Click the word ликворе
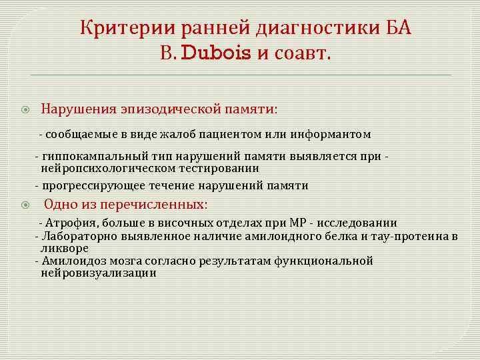(65, 247)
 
